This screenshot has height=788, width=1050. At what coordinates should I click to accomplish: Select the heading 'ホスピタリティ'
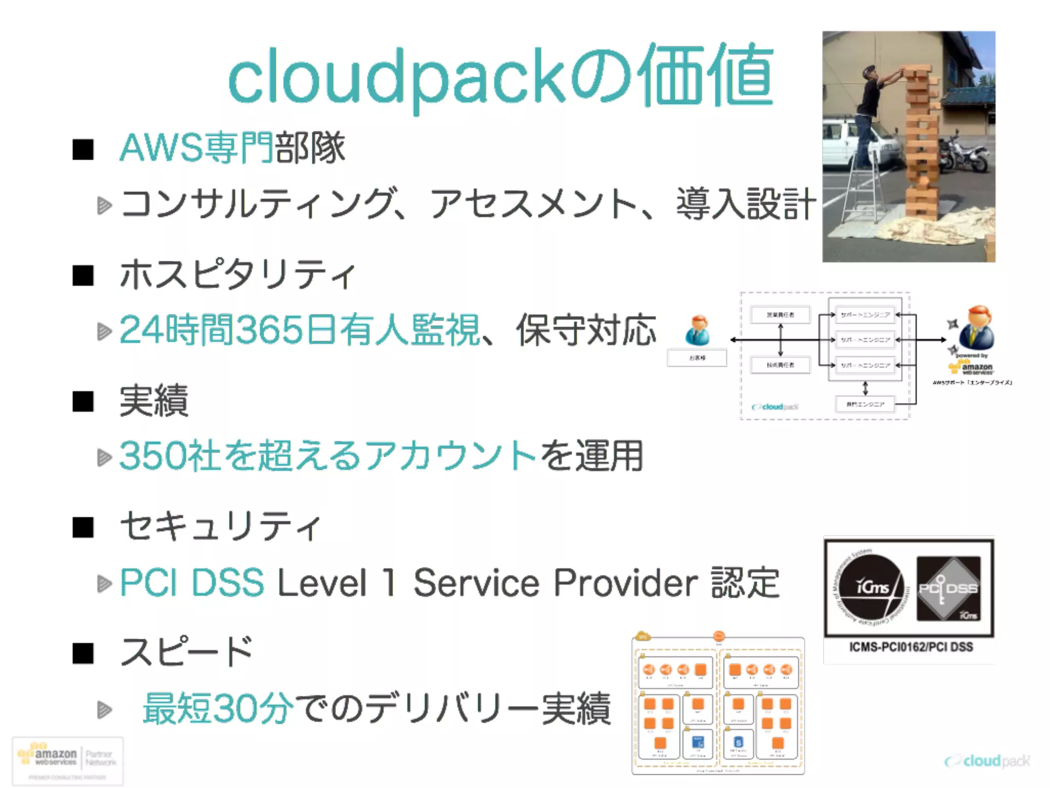(237, 274)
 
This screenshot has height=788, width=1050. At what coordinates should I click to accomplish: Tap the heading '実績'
(154, 401)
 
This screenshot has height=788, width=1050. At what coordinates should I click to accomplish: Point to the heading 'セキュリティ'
(220, 526)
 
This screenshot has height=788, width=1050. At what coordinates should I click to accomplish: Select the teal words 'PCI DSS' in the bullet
(192, 583)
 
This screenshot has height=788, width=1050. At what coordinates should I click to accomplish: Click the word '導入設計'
(745, 204)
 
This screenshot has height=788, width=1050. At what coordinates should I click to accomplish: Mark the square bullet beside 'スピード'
(83, 654)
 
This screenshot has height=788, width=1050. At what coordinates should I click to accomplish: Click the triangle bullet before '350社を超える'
(105, 457)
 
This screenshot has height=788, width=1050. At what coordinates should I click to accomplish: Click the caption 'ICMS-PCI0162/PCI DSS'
(911, 647)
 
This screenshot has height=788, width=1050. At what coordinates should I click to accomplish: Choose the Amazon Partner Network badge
(68, 760)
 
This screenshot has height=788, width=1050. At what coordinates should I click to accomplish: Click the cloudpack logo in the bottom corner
(987, 761)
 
